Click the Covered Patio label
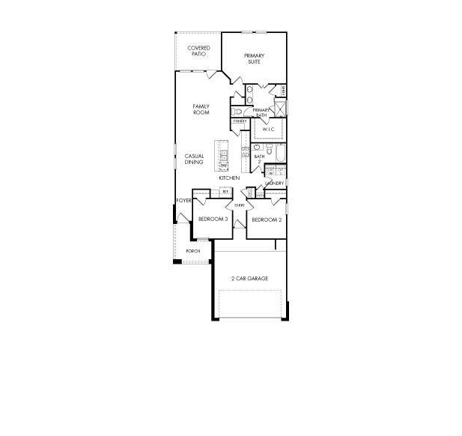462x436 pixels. (198, 51)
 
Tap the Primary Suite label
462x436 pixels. (255, 58)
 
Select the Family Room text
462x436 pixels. (201, 109)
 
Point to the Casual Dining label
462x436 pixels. (194, 159)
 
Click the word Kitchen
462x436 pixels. (229, 178)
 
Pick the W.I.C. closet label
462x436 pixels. (268, 130)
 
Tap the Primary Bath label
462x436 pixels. (261, 112)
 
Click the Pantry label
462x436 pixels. (240, 121)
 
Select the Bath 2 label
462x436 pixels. (259, 159)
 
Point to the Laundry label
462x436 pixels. (274, 184)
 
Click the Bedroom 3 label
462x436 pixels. (213, 219)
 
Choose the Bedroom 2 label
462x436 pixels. (266, 219)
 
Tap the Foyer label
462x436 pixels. (183, 201)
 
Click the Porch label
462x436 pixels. (193, 250)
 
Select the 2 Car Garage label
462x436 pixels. (249, 279)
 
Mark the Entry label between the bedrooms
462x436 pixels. (240, 205)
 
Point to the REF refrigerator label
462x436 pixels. (225, 192)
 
